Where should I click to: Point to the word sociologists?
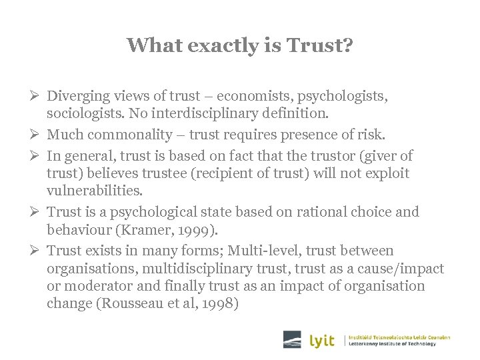pos(85,114)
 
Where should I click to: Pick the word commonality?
pos(130,135)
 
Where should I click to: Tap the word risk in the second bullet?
pos(369,135)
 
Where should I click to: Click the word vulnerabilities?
pos(95,191)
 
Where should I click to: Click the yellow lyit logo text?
pos(323,340)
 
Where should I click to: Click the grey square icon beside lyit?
pos(292,339)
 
